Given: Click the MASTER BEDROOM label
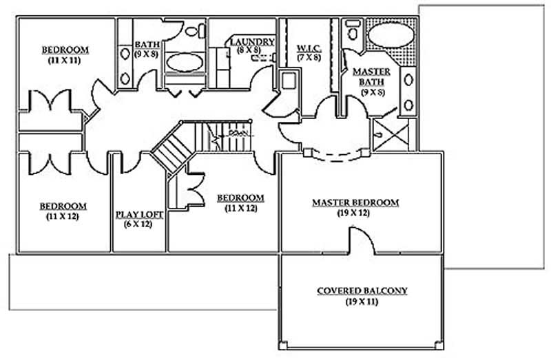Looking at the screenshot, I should [x=355, y=202].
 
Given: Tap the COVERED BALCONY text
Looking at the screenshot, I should [x=362, y=291].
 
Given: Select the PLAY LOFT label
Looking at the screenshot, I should [x=139, y=215].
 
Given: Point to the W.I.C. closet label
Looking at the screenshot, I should [x=308, y=48].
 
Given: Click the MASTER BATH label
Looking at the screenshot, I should [x=371, y=77].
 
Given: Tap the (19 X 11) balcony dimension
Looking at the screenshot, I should [x=362, y=302].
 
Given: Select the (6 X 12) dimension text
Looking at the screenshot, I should [x=139, y=224].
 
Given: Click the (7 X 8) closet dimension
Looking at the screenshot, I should [x=308, y=58].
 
